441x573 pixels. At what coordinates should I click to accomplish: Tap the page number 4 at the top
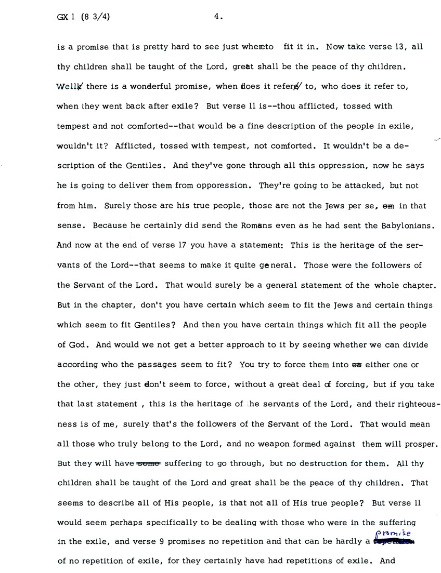tap(217, 17)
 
